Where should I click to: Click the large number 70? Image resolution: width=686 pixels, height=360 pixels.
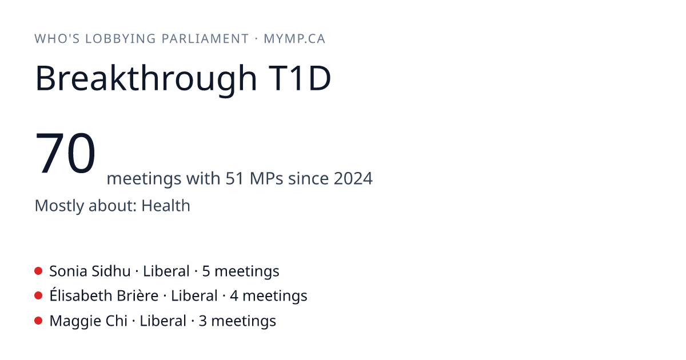65,153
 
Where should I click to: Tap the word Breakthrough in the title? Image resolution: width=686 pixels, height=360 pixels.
146,79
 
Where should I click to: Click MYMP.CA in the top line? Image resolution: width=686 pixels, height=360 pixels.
294,39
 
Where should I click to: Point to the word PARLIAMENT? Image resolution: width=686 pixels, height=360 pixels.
205,39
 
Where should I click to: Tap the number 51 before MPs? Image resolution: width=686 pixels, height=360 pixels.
235,178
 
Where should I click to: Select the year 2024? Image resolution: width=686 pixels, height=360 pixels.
353,178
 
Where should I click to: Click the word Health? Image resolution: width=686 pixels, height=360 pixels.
166,205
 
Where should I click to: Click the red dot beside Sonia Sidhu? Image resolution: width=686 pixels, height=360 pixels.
38,271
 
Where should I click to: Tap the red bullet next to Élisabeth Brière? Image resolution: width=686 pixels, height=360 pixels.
38,296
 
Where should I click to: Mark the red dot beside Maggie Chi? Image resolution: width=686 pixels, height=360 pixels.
38,321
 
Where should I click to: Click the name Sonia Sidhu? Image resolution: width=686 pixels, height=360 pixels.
90,271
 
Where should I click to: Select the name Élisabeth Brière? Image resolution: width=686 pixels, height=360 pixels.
104,295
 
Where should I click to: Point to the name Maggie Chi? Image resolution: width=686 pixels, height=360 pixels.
89,321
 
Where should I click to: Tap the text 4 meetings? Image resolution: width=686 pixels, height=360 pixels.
269,297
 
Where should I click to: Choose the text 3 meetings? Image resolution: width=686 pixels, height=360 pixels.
237,321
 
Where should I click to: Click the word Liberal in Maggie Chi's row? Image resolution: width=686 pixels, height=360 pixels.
163,321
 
